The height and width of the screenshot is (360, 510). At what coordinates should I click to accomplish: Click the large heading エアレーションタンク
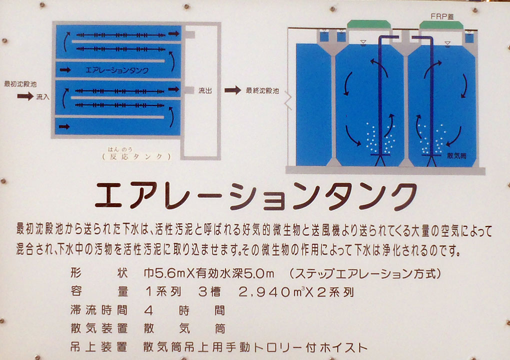click(256, 196)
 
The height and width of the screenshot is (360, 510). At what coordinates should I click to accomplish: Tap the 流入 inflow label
click(42, 97)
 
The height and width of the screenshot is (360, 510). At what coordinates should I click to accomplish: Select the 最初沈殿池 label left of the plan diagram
click(20, 84)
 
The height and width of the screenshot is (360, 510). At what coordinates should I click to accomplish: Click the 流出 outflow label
click(205, 90)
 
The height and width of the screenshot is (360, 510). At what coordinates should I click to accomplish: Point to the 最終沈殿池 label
click(262, 90)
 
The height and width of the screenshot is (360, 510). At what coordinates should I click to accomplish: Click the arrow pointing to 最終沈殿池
click(232, 90)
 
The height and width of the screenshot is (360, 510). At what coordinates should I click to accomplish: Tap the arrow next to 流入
click(25, 96)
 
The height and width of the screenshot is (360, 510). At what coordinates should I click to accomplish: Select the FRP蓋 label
click(441, 16)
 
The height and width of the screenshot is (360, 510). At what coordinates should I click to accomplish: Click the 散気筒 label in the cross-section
click(456, 156)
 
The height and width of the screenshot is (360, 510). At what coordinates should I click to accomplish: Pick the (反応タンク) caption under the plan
click(136, 156)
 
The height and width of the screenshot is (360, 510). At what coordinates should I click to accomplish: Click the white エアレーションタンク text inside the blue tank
click(117, 70)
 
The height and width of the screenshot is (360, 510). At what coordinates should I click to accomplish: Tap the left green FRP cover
click(369, 24)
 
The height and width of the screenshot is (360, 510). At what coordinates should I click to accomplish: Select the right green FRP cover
click(441, 25)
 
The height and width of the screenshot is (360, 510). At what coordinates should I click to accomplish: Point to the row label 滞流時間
click(99, 310)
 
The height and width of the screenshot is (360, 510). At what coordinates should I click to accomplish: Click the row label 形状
click(99, 273)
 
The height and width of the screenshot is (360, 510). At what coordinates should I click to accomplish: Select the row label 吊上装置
click(99, 347)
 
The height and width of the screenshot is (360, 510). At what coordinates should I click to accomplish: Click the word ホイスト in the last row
click(344, 347)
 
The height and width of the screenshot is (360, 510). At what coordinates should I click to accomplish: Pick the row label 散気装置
click(99, 328)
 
